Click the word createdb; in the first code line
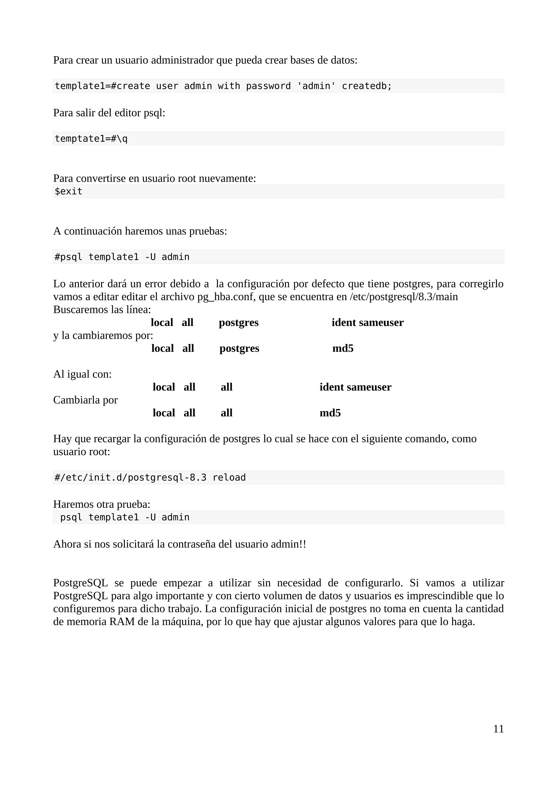tap(367, 86)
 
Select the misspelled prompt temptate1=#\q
tap(91, 139)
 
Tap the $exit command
tap(69, 191)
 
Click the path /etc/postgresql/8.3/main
tap(404, 297)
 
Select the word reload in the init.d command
tap(229, 477)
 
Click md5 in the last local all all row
tap(330, 413)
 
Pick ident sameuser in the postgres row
tap(367, 322)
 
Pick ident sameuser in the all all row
tap(355, 387)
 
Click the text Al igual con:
tap(82, 374)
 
